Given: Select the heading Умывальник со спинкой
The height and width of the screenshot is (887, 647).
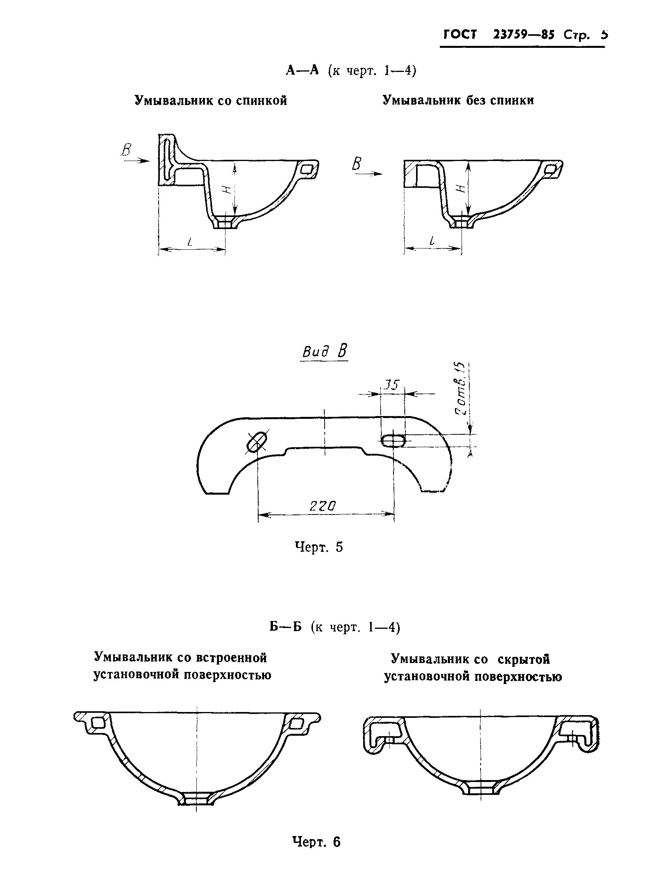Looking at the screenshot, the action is (x=211, y=101).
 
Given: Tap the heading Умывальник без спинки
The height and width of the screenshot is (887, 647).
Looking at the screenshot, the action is (x=458, y=101).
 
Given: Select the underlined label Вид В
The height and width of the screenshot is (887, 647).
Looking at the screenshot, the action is (x=325, y=351).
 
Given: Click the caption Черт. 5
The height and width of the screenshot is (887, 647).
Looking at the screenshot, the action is (x=318, y=547).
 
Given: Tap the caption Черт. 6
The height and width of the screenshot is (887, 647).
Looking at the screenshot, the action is (x=317, y=841).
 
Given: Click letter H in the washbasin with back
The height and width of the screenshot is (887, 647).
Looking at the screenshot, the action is (x=226, y=189).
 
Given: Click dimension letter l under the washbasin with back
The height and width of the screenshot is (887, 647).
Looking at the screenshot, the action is (x=191, y=242).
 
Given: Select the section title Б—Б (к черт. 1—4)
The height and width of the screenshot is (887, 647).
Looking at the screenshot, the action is (x=334, y=627).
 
